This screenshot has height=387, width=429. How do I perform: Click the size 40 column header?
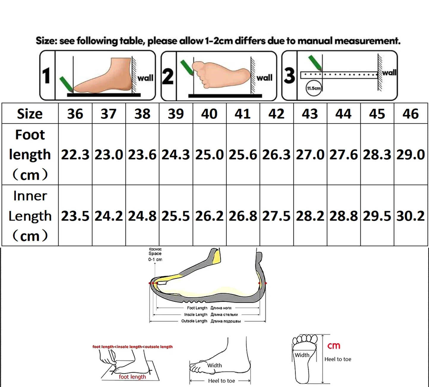pos(209,114)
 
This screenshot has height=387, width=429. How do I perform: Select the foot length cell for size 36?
pos(75,155)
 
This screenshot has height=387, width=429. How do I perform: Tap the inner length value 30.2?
pos(411,216)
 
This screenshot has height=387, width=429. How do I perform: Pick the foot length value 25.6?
pos(243,155)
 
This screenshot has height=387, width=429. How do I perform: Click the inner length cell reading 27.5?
pos(276,216)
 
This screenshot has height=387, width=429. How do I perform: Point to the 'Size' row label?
pos(30,114)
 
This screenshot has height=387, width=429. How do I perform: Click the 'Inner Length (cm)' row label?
pos(30,216)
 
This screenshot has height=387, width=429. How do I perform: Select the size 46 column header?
pos(411,114)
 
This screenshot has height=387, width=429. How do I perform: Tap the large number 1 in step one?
pos(46,76)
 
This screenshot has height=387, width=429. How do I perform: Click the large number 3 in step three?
pos(289,76)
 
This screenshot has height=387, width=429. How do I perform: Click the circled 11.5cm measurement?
pos(314,88)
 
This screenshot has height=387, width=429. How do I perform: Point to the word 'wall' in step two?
pos(264,78)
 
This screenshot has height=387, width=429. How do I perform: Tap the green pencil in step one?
pos(66,84)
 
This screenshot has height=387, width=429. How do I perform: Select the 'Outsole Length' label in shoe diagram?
pos(194,321)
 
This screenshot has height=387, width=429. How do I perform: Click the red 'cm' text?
pos(334,346)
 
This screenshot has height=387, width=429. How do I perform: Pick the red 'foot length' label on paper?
pos(132,377)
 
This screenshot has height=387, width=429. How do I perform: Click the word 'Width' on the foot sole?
pos(302,355)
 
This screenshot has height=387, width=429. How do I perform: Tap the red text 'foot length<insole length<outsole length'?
pos(132,347)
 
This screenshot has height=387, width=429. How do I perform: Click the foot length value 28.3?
pos(377,155)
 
